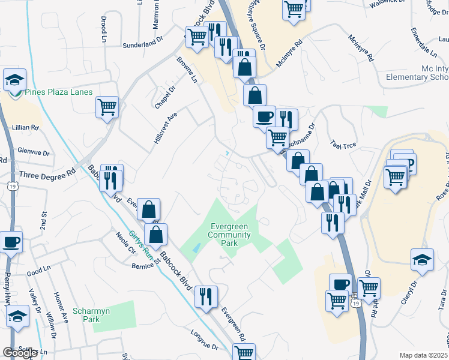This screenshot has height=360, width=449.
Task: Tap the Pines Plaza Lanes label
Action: coord(58,92)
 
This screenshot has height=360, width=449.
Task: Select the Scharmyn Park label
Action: coord(86,315)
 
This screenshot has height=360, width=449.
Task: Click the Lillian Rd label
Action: coord(24,128)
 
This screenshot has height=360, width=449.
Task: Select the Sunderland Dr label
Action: coord(143,43)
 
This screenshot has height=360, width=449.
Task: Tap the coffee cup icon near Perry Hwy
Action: coord(11,242)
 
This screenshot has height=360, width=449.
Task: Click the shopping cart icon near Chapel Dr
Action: coord(107,107)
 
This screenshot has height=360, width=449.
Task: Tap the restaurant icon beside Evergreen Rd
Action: coord(206,295)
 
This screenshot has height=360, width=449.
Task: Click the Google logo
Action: coord(20,353)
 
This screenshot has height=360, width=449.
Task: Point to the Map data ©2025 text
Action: coord(423,355)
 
